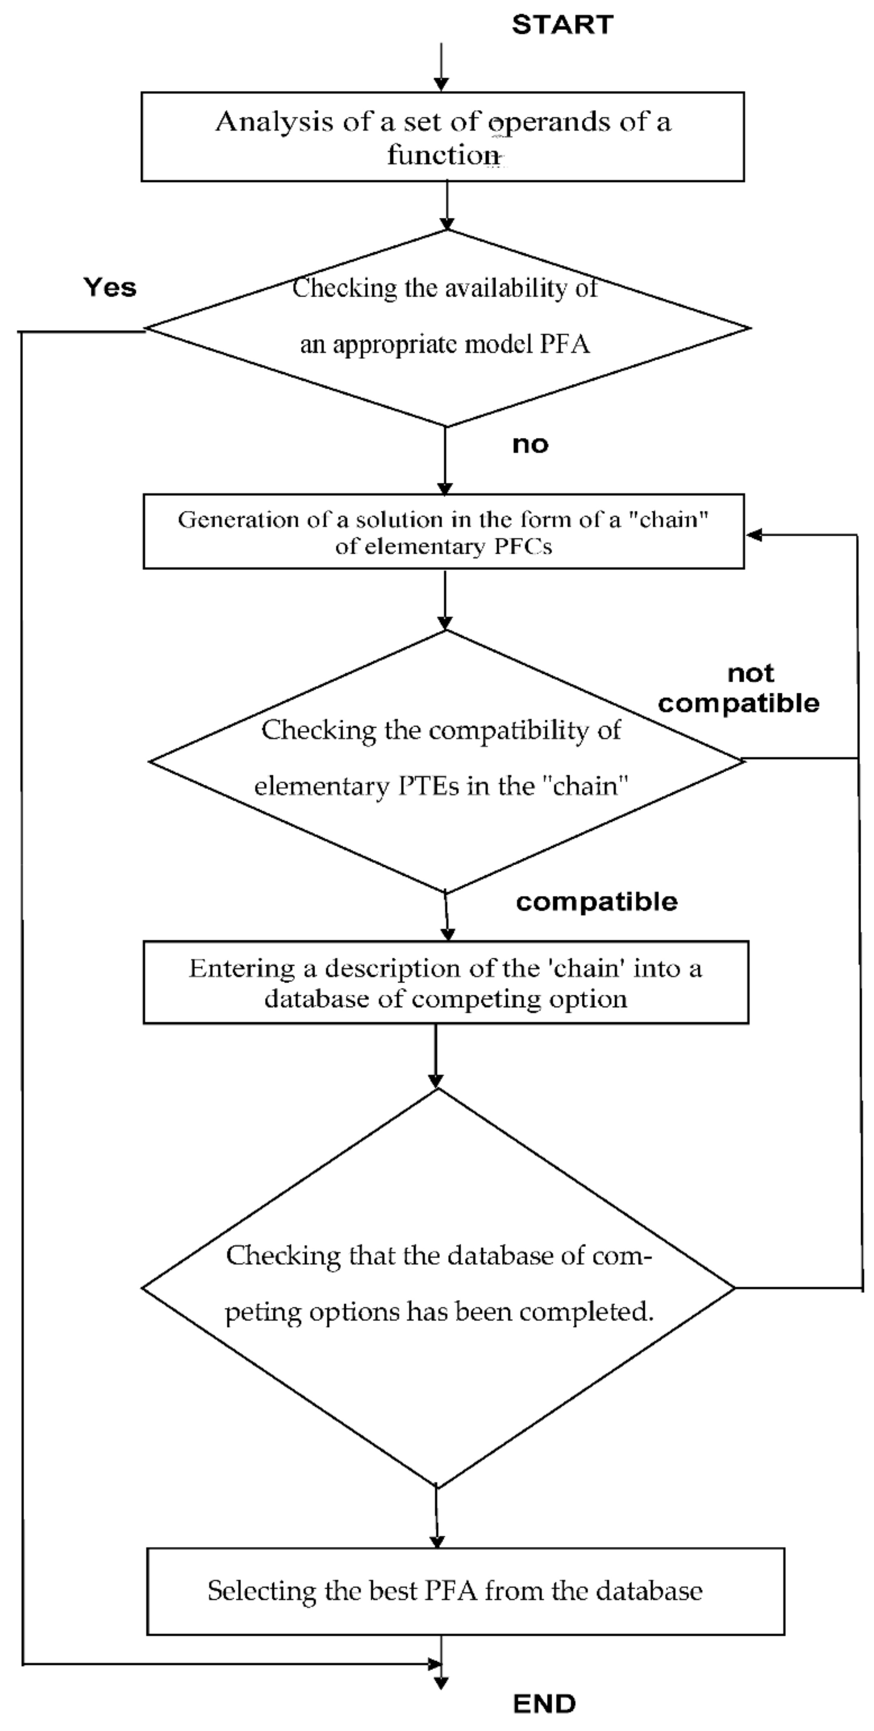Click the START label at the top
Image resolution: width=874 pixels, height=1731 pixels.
click(x=562, y=25)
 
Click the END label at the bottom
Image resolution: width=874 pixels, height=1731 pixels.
click(x=544, y=1703)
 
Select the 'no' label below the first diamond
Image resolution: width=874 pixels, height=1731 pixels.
click(x=530, y=444)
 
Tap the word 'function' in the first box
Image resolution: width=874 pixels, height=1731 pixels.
click(x=442, y=155)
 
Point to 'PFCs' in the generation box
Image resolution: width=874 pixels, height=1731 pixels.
click(x=523, y=546)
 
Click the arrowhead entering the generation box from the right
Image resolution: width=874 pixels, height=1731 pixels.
click(x=754, y=535)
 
